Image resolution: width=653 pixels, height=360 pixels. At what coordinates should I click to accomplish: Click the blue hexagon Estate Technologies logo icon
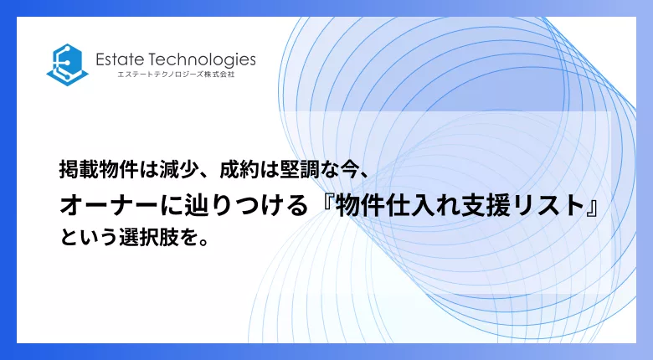(x=68, y=64)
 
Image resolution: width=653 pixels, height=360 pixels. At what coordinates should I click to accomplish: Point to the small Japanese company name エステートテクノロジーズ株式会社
(x=176, y=75)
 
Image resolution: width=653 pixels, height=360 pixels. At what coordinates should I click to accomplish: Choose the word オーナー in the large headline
(x=110, y=206)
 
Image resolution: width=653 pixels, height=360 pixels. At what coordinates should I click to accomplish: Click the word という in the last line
(x=88, y=237)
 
